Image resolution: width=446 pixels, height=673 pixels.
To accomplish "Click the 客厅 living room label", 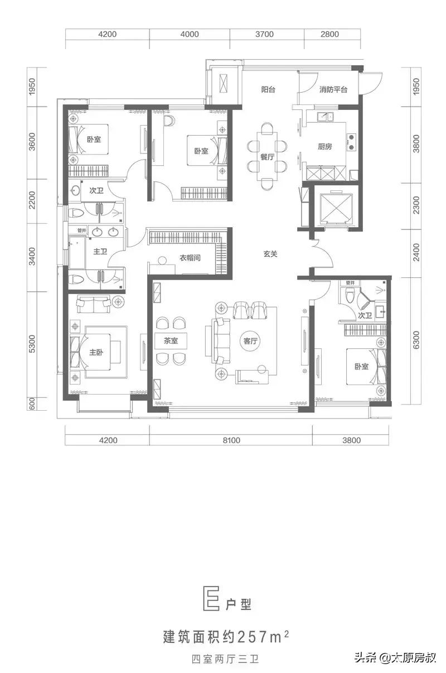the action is pos(250,341).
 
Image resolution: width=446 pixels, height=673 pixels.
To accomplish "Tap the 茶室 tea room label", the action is pos(171,341).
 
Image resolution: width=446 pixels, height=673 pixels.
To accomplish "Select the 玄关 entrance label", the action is pos(270,254).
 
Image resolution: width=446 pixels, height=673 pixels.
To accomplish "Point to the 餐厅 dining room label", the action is pos(267,157).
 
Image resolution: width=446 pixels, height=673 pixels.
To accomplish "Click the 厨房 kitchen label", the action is pos(325,146).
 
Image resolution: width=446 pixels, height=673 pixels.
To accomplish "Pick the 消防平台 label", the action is pos(333,89).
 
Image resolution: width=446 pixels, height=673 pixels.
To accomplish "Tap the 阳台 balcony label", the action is pos(268,89).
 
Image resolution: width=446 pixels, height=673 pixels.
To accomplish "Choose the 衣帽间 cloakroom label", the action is pos(190,257).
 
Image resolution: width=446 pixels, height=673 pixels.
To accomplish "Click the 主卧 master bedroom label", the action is pos(96,352).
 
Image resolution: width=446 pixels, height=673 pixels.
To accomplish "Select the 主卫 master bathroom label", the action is pos(100,251).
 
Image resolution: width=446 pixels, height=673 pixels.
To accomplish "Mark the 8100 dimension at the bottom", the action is pos(231,440).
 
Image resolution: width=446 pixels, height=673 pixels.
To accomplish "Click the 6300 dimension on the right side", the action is pos(416,340).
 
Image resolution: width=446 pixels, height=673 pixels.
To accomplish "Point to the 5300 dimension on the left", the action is pos(32,344).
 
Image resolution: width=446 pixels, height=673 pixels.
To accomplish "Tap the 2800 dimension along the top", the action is pos(329,34).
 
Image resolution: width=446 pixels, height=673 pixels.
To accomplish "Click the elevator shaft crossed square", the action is pos(336,206).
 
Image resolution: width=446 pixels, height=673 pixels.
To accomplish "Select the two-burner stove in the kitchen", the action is pos(351,142).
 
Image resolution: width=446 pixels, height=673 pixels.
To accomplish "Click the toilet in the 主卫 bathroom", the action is pos(75,279).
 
